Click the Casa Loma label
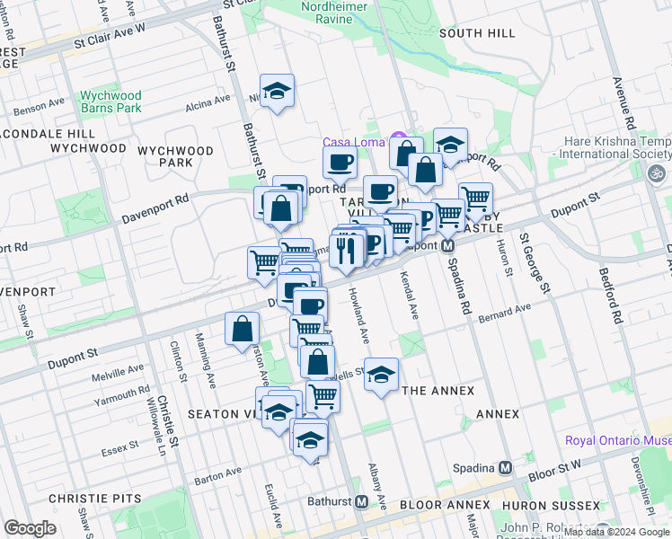[x=354, y=143]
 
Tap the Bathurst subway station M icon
[x=362, y=501]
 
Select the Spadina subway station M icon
[x=505, y=467]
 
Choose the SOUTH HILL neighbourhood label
[x=477, y=33]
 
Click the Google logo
[x=30, y=528]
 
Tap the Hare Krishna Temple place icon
[x=658, y=172]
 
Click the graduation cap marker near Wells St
[x=381, y=374]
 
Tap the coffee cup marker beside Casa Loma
[x=340, y=163]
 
